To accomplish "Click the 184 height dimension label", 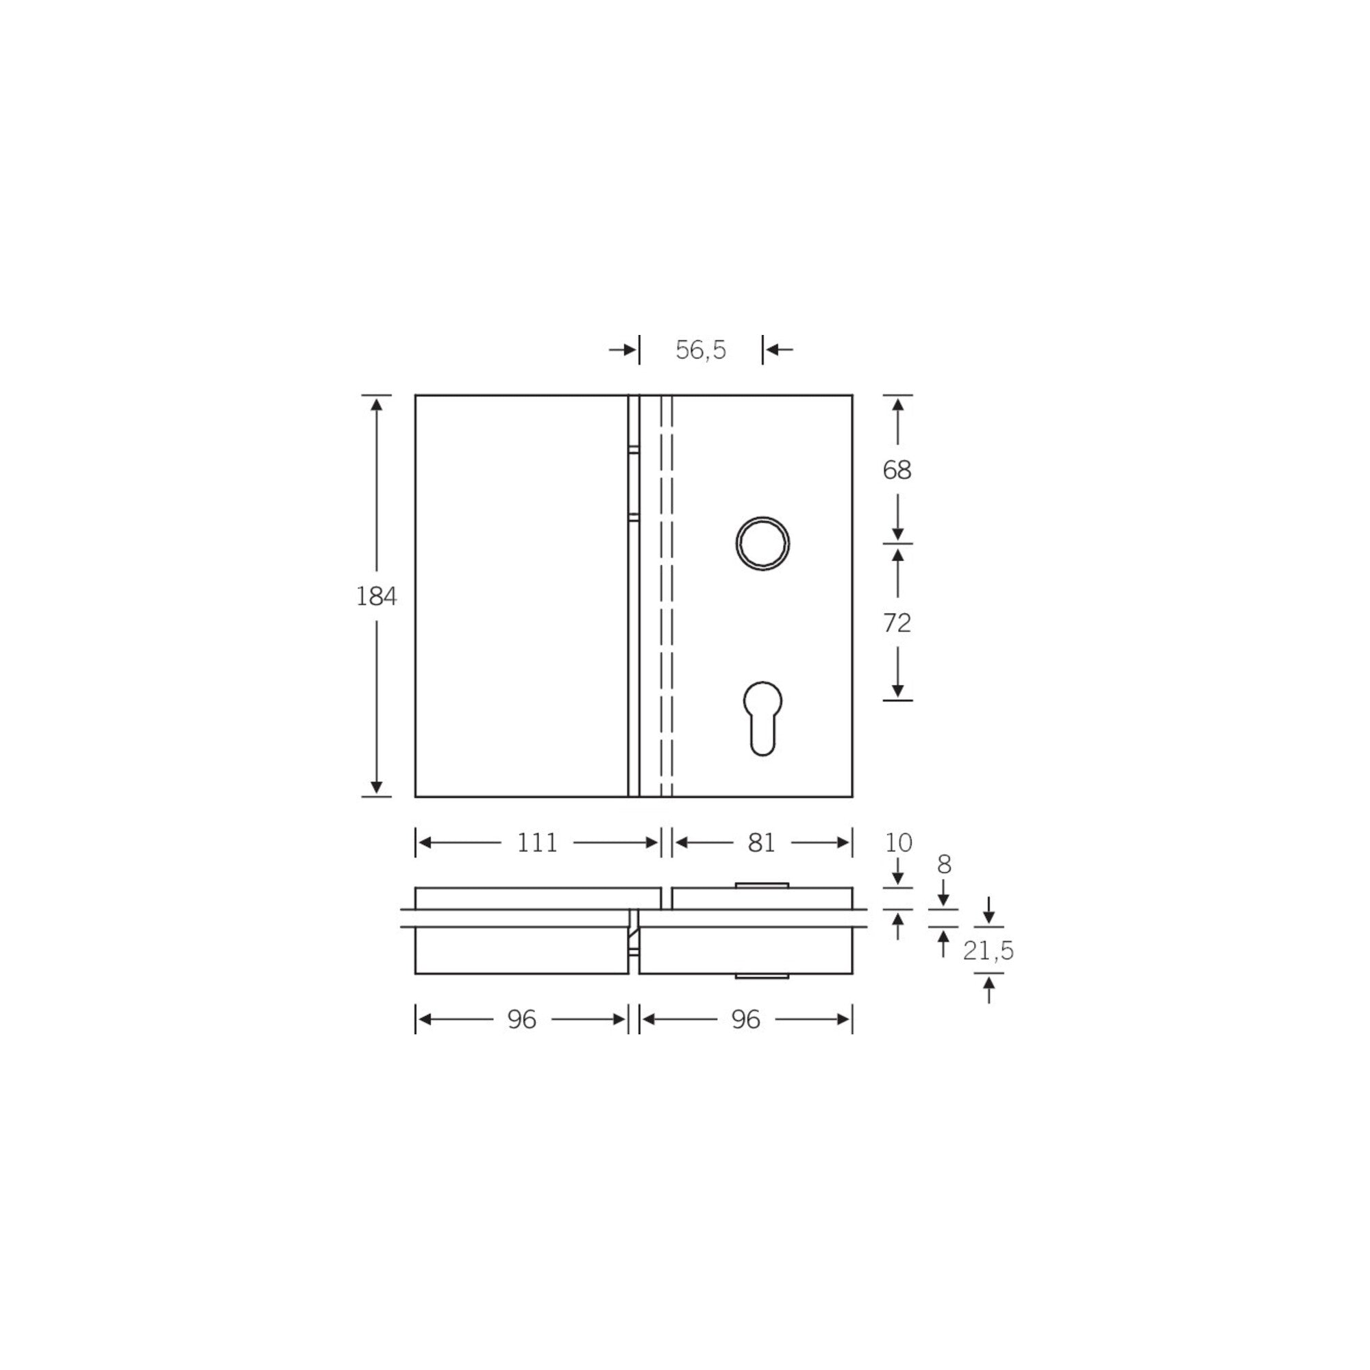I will [x=376, y=597].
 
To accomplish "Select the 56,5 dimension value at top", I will [x=701, y=349].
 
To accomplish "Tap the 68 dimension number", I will [x=897, y=469].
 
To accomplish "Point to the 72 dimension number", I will [x=897, y=623].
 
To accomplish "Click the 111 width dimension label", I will [x=537, y=843].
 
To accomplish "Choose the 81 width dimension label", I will [x=762, y=843].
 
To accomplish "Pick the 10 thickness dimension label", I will [x=899, y=843].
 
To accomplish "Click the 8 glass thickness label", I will [x=944, y=864].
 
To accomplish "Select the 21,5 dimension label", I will [x=988, y=951].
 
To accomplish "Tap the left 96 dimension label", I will [x=522, y=1020].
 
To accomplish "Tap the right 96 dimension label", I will [x=746, y=1020].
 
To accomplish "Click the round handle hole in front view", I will [x=762, y=543].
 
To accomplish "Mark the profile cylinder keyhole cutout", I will [x=762, y=718].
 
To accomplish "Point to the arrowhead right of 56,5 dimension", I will [x=773, y=349].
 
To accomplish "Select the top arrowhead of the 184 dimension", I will [x=377, y=404].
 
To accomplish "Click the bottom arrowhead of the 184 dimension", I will [x=377, y=788].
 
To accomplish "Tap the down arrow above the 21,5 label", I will [x=989, y=918].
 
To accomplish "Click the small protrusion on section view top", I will [x=762, y=885].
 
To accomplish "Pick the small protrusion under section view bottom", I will [x=762, y=976].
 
